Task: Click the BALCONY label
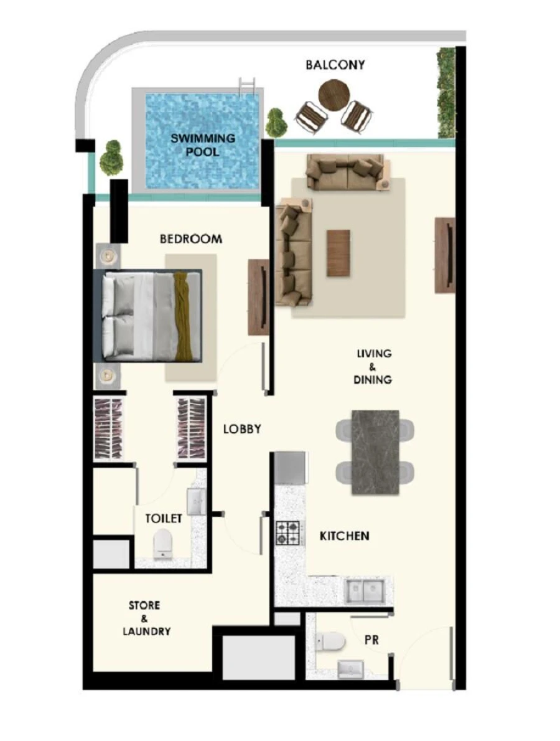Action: pyautogui.click(x=335, y=65)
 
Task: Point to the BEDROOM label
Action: pyautogui.click(x=190, y=238)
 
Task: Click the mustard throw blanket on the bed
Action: pyautogui.click(x=184, y=315)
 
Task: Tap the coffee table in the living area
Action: pyautogui.click(x=338, y=253)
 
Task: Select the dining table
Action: pyautogui.click(x=375, y=451)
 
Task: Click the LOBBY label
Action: pyautogui.click(x=241, y=429)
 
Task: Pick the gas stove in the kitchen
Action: pyautogui.click(x=288, y=533)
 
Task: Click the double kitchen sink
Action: pyautogui.click(x=364, y=590)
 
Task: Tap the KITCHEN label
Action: pyautogui.click(x=344, y=536)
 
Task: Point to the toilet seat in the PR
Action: pyautogui.click(x=330, y=641)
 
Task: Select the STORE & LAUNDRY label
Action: pyautogui.click(x=146, y=618)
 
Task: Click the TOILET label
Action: pyautogui.click(x=164, y=518)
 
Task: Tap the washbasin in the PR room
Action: pyautogui.click(x=350, y=669)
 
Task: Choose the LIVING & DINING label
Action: pyautogui.click(x=374, y=366)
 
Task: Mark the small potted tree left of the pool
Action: pyautogui.click(x=111, y=157)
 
